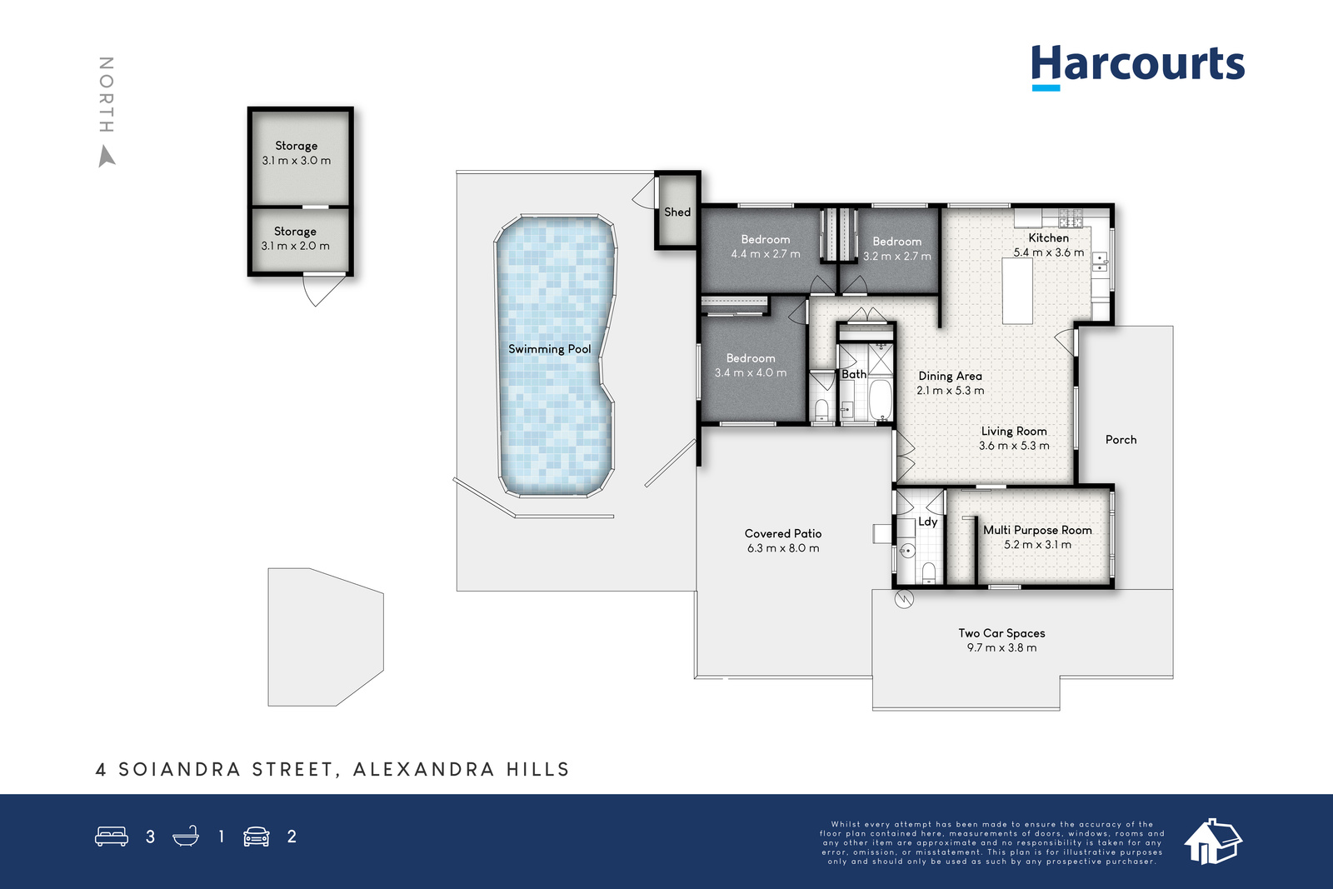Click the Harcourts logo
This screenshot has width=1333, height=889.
tap(1138, 67)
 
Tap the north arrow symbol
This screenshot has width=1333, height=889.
tap(106, 157)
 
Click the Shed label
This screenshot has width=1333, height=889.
tap(677, 212)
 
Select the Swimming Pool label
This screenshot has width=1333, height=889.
tap(549, 349)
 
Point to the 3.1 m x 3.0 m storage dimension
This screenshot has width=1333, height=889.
tap(297, 161)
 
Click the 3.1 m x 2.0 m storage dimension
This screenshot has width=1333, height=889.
tap(295, 246)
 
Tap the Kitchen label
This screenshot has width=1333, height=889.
tap(1049, 237)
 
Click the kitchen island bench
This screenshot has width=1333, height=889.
tap(1017, 291)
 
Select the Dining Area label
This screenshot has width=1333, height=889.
tap(950, 376)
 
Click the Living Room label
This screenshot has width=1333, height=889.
tap(1014, 431)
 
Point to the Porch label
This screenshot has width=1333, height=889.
tap(1121, 440)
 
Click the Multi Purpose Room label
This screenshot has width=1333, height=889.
tap(1037, 530)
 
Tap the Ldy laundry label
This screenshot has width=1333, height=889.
tap(928, 522)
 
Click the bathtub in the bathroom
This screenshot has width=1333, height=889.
tap(880, 400)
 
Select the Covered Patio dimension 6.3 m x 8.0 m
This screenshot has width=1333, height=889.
tap(783, 548)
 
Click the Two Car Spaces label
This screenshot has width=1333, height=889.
tap(1001, 633)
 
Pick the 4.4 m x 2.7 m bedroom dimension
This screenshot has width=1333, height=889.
tap(766, 254)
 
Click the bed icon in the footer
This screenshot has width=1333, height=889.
tap(112, 836)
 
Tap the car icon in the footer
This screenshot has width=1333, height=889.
tap(257, 836)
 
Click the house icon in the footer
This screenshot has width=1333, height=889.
tap(1213, 842)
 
